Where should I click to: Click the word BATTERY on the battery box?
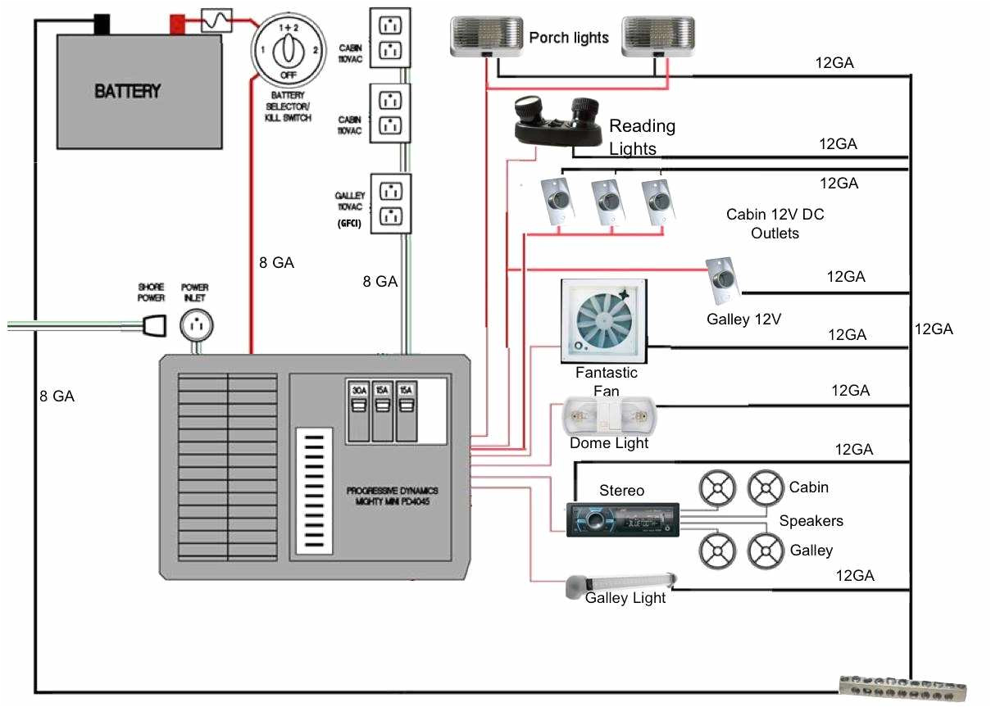coord(127,91)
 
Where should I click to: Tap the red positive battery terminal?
coord(177,25)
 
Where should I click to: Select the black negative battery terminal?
coord(102,24)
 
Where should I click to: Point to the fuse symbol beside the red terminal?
coord(216,20)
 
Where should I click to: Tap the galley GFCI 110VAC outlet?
coord(390,204)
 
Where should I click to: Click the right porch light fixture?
coord(657,37)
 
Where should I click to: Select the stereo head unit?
coord(623,519)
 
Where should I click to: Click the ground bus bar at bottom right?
coord(903,688)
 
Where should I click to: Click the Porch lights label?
coord(569,38)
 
